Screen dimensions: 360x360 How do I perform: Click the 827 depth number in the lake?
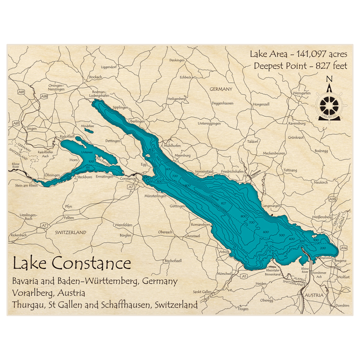(x=224, y=204)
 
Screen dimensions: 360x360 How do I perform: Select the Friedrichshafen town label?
(x=232, y=172)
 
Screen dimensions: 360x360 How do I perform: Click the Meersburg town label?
(x=182, y=156)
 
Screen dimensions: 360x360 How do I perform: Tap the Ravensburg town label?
(x=297, y=123)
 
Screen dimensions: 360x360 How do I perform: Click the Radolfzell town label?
(x=67, y=137)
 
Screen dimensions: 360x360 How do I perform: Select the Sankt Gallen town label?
(x=202, y=292)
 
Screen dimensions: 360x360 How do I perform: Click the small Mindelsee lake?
(x=90, y=131)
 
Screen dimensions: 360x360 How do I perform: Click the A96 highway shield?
(x=332, y=199)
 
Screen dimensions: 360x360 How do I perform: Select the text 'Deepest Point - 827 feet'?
(x=300, y=66)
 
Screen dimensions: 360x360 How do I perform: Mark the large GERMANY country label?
(x=221, y=89)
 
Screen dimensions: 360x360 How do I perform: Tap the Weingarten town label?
(x=302, y=93)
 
